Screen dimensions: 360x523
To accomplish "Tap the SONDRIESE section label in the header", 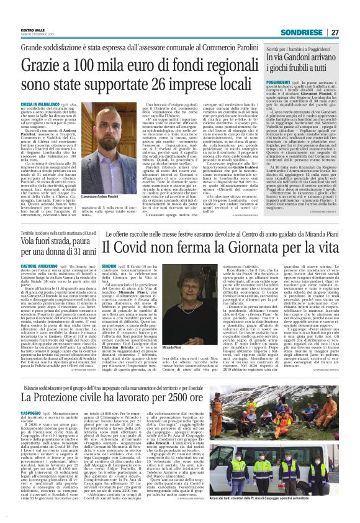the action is [302, 32].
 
